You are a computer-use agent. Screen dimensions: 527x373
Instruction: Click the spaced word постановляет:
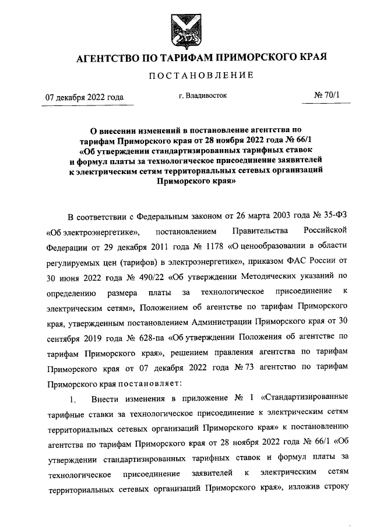(x=149, y=383)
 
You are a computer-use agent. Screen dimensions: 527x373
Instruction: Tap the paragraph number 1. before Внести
(x=72, y=398)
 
